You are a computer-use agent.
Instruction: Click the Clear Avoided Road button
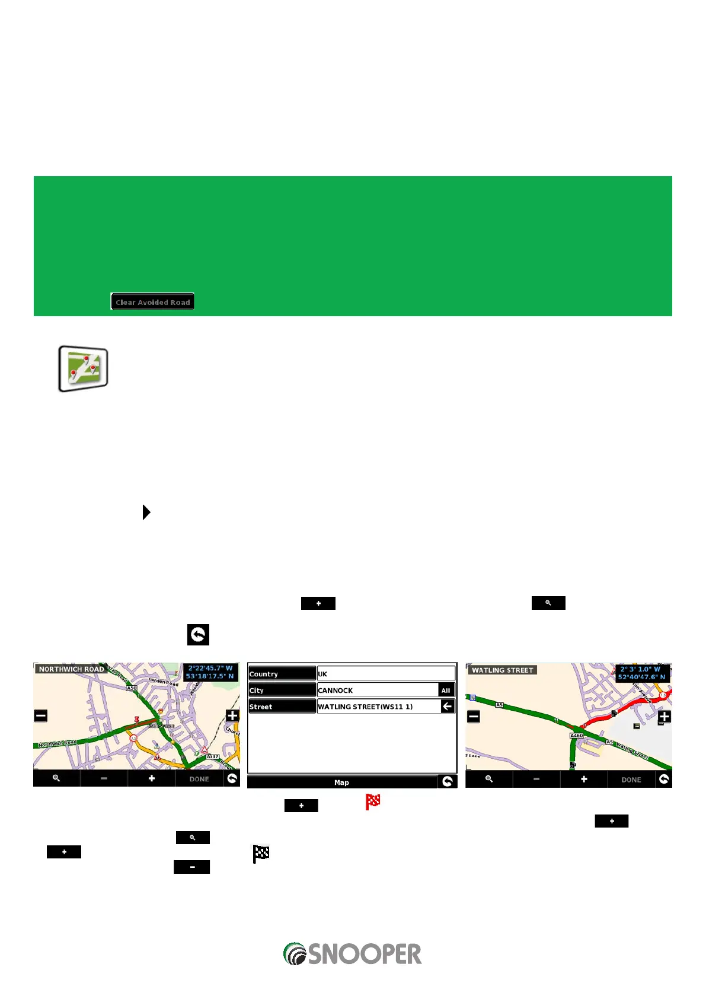pyautogui.click(x=152, y=302)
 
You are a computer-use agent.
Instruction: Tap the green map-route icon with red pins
pyautogui.click(x=83, y=368)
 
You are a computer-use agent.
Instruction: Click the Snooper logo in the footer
pyautogui.click(x=353, y=954)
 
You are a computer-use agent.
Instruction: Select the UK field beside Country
pyautogui.click(x=386, y=674)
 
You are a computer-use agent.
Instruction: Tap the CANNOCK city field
pyautogui.click(x=377, y=691)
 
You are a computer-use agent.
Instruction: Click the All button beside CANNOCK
pyautogui.click(x=446, y=691)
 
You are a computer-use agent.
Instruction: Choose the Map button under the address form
pyautogui.click(x=342, y=782)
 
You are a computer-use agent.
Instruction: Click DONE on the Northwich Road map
pyautogui.click(x=199, y=779)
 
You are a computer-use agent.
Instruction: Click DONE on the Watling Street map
pyautogui.click(x=631, y=780)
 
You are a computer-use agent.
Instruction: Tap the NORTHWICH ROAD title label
pyautogui.click(x=71, y=669)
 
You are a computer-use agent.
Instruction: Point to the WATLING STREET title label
pyautogui.click(x=503, y=670)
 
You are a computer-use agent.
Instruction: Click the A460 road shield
pyautogui.click(x=576, y=736)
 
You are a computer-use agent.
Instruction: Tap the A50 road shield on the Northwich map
pyautogui.click(x=132, y=688)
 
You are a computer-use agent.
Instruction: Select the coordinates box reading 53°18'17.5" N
pyautogui.click(x=210, y=672)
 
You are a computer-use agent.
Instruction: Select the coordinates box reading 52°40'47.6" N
pyautogui.click(x=642, y=673)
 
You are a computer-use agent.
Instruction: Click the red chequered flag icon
pyautogui.click(x=373, y=802)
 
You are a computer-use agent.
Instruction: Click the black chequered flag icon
pyautogui.click(x=261, y=854)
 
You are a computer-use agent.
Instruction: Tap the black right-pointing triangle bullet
pyautogui.click(x=146, y=512)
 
